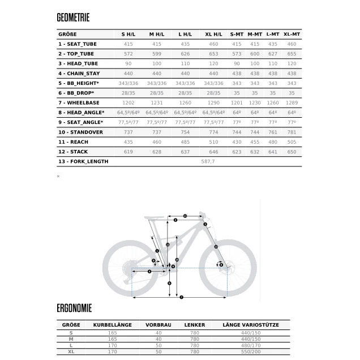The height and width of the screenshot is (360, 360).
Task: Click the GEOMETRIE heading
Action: [x=73, y=18]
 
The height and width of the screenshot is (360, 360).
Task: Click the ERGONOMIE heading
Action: [x=74, y=309]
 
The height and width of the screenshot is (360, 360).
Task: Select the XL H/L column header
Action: [x=213, y=34]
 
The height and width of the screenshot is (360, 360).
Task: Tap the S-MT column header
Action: [x=237, y=34]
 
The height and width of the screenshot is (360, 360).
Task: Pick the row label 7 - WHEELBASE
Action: [x=80, y=102]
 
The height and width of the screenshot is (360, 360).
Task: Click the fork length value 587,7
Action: [x=209, y=161]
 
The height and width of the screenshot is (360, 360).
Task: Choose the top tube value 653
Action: [x=213, y=54]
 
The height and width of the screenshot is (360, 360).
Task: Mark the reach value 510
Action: [x=213, y=142]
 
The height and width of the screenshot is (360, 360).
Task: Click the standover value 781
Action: [x=291, y=132]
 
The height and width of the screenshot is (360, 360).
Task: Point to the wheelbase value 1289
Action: [x=291, y=102]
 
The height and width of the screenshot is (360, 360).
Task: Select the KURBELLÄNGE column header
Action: [x=112, y=324]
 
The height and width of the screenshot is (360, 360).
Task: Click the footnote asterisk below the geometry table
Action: [x=58, y=177]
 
